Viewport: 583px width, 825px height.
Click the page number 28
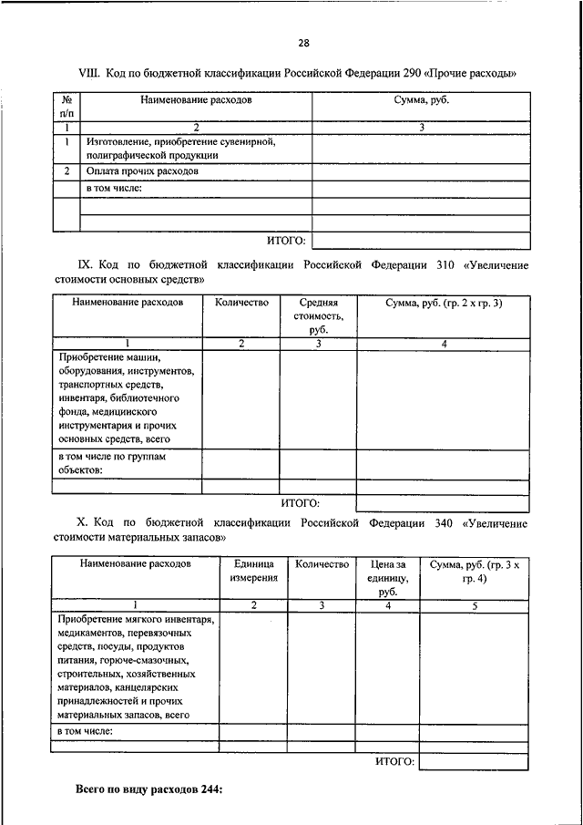click(x=303, y=43)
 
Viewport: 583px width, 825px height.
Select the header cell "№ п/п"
click(x=67, y=106)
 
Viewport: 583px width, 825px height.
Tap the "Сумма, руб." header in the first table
click(x=421, y=99)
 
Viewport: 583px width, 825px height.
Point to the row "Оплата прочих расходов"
click(x=142, y=171)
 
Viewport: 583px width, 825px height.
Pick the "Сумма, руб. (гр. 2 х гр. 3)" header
click(x=443, y=303)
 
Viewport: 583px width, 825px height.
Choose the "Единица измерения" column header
click(x=254, y=572)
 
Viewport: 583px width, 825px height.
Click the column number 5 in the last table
click(x=474, y=605)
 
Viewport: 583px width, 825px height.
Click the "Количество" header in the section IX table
click(x=241, y=303)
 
